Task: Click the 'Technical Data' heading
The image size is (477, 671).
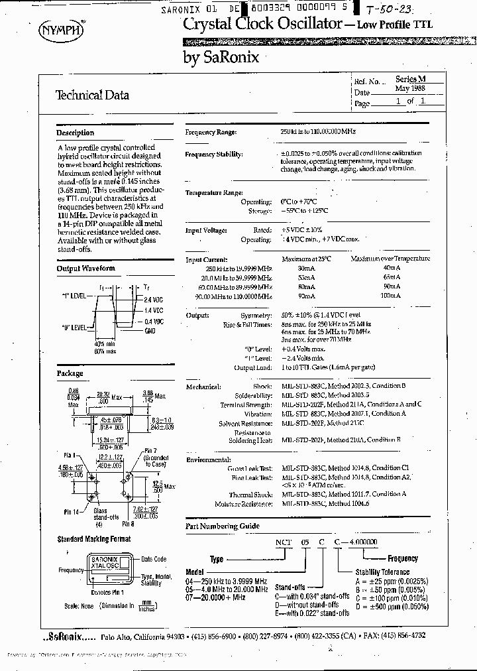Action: [x=92, y=95]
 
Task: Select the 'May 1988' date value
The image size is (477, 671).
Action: [x=411, y=89]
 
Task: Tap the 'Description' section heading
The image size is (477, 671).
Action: [x=75, y=133]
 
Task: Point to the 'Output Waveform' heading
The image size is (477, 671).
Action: [x=85, y=269]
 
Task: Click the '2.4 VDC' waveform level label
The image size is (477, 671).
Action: [x=154, y=300]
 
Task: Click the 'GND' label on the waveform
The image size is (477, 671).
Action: [x=149, y=329]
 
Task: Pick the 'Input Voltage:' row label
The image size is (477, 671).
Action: [x=206, y=230]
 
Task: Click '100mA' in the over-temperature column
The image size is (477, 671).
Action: [x=391, y=296]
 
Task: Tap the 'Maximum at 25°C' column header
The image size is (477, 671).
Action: [x=306, y=259]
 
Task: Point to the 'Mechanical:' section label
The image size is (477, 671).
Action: [x=203, y=386]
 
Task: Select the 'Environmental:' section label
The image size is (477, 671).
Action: [x=208, y=459]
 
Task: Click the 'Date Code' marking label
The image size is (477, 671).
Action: [x=153, y=560]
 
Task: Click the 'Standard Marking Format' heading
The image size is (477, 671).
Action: [x=93, y=539]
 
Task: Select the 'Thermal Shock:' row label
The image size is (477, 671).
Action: [x=252, y=495]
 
